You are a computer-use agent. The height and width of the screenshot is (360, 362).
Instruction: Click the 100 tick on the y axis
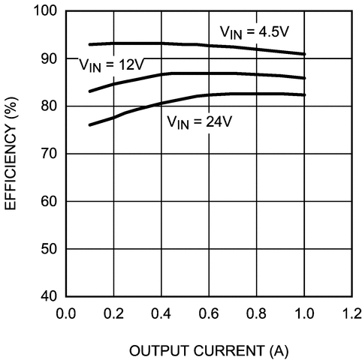point(45,11)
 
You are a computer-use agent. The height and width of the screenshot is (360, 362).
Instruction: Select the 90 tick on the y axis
point(48,58)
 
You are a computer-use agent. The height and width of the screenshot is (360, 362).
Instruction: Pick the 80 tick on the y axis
point(48,106)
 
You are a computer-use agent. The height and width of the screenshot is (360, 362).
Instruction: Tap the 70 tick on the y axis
point(48,154)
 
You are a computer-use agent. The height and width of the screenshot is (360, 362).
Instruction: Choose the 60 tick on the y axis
point(48,201)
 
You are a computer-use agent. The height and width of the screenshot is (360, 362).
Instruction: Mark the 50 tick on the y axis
point(48,248)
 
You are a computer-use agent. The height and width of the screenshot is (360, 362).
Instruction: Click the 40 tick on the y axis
point(48,295)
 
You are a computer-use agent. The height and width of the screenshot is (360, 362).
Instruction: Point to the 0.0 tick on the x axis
point(66,312)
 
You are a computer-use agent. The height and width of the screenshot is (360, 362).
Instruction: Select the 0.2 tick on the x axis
point(114,312)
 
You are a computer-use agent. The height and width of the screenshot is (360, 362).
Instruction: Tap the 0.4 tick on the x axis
point(161,312)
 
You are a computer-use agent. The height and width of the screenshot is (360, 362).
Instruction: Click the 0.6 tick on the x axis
point(210,312)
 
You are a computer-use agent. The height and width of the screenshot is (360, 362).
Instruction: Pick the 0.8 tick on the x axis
point(257,312)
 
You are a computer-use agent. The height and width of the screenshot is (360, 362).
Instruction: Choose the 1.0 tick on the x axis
point(304,312)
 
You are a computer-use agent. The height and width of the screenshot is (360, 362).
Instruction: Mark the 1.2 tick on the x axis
point(351,312)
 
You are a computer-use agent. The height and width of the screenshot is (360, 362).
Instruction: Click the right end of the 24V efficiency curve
point(304,94)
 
